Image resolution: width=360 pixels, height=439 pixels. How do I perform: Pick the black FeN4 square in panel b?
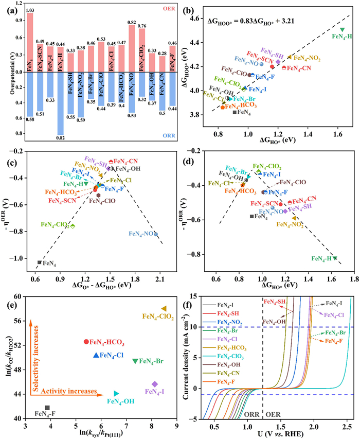pos(235,112)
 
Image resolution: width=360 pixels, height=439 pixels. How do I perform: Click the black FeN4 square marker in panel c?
pos(39,262)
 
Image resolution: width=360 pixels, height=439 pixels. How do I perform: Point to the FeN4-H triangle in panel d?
pos(335,258)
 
